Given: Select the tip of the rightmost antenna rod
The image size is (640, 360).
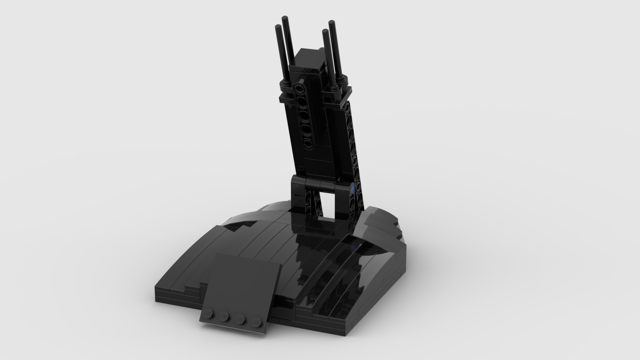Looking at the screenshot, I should click(x=332, y=22).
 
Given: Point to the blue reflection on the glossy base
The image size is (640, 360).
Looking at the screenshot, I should click(x=353, y=247).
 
